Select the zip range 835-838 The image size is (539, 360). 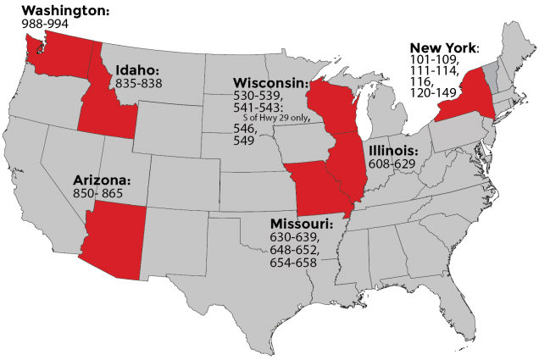point(140,84)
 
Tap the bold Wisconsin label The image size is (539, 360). point(269,83)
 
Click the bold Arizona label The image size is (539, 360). point(101,181)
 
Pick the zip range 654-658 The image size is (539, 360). point(293,263)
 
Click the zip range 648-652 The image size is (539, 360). point(293,250)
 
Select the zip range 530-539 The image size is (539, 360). point(257,97)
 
